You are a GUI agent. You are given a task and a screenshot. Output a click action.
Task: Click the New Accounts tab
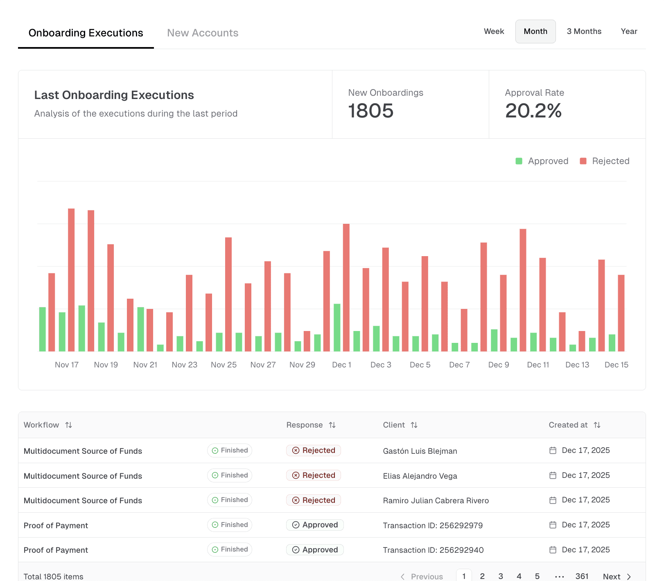coord(203,33)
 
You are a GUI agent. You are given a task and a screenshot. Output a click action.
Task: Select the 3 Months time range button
coord(584,32)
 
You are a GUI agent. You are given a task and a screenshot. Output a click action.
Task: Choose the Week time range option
coord(494,32)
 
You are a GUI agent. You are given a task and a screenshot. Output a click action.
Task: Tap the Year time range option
coord(628,32)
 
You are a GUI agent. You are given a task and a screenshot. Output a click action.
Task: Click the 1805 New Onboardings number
coord(370,111)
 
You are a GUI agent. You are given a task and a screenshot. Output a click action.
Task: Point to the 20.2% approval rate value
coord(533,111)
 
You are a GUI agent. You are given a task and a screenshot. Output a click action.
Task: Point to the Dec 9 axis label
coord(498,365)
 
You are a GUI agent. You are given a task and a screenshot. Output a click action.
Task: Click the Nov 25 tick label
coord(224,365)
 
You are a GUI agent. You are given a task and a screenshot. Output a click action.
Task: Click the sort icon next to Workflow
coord(69,425)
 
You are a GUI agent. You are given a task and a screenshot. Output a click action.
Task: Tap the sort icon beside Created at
coord(597,425)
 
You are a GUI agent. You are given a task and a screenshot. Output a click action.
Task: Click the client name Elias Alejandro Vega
coord(420,476)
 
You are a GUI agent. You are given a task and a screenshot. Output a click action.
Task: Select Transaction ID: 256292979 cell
coord(432,525)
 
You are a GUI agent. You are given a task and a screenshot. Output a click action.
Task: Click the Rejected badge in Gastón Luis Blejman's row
coord(314,450)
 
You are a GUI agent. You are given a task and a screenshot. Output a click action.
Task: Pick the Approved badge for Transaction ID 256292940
coord(315,550)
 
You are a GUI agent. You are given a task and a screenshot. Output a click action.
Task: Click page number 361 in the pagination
coord(581,576)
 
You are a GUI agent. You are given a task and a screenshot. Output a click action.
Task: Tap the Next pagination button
coord(617,576)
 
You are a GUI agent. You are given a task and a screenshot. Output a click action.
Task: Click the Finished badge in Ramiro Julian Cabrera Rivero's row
coord(230,500)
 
